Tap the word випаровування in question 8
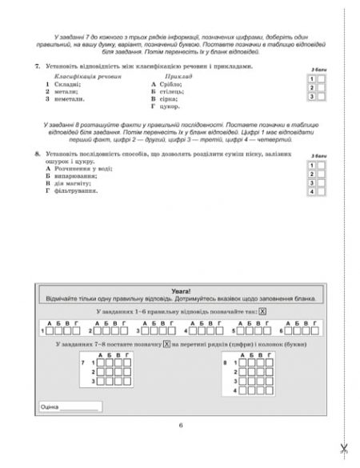tap(80, 177)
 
